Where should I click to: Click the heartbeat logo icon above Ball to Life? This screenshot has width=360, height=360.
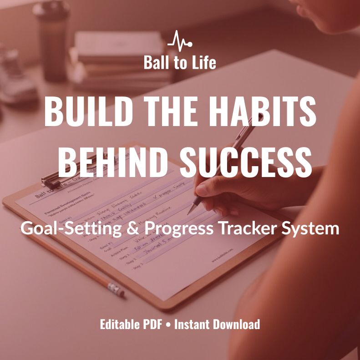point(180,41)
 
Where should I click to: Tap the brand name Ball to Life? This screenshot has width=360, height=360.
point(180,62)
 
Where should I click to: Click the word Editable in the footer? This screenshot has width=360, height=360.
point(119,325)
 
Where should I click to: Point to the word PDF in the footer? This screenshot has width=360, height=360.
point(154,325)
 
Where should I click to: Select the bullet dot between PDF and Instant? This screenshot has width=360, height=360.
point(169,325)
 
